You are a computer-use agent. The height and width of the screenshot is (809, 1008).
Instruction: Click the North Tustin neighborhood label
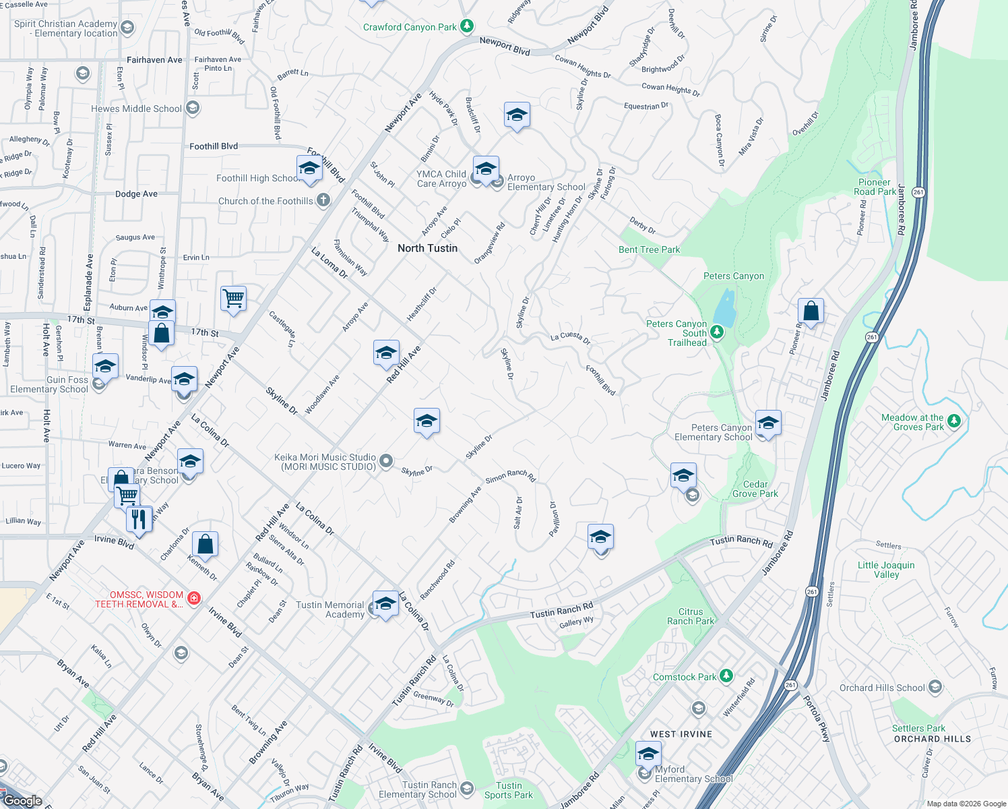427,248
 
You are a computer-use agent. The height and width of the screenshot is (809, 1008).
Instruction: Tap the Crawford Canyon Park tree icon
466,27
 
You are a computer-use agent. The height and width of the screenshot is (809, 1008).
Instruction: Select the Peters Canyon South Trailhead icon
717,332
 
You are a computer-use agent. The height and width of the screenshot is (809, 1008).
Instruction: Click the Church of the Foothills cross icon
323,200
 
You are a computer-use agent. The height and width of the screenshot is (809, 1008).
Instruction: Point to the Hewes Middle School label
136,109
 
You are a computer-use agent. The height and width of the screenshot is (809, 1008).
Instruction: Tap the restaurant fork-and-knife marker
139,520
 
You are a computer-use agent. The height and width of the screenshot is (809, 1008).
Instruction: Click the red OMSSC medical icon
194,599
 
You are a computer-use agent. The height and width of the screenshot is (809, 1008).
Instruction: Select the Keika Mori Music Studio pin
386,461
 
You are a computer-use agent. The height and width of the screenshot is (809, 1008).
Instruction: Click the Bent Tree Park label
649,249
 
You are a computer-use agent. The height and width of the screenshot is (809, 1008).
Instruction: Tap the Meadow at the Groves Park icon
953,421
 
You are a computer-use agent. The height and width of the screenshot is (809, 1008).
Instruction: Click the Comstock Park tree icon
726,676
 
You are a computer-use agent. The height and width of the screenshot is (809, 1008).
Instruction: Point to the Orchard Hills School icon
935,687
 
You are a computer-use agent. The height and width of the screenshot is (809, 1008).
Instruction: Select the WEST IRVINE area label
681,734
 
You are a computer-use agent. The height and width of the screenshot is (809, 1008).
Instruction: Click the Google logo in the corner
23,800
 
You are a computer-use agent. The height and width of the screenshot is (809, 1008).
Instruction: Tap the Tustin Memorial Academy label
330,609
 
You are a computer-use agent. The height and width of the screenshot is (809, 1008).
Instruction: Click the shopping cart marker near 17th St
233,297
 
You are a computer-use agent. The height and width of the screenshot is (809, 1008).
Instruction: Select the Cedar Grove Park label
755,489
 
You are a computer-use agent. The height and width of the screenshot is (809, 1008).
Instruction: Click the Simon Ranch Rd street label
510,475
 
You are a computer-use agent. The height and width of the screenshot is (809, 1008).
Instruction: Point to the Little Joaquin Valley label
886,570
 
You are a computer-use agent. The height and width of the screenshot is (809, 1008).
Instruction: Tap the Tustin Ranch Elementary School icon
466,788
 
